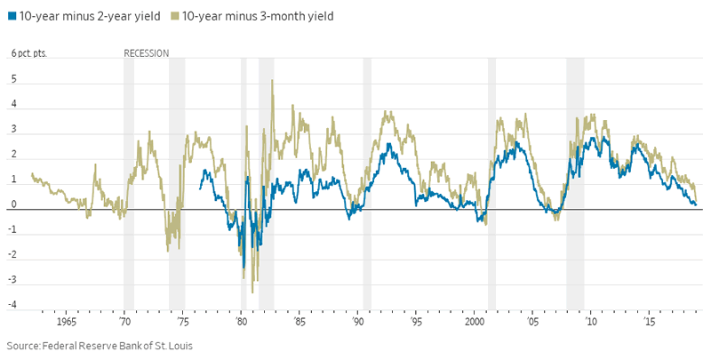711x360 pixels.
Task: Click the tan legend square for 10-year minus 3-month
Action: pos(174,16)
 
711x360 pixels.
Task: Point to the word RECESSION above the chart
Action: pos(146,53)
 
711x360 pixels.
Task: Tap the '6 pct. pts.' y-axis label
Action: pos(29,53)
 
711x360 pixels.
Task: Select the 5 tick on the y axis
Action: pos(15,79)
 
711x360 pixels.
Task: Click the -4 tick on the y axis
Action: pos(13,305)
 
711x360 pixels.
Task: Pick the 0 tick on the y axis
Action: pos(15,204)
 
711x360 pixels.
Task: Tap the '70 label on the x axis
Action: pos(125,321)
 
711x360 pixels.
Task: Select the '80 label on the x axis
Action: pos(242,321)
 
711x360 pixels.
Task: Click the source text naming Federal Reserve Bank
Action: pos(99,345)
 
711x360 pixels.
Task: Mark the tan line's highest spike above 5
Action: pos(272,81)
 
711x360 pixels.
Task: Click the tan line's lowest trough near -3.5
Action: pos(252,292)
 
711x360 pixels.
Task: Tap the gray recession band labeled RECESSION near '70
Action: pos(129,178)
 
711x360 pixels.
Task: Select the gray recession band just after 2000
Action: pos(491,178)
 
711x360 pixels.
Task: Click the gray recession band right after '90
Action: pos(367,178)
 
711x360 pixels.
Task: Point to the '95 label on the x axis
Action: pos(416,321)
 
